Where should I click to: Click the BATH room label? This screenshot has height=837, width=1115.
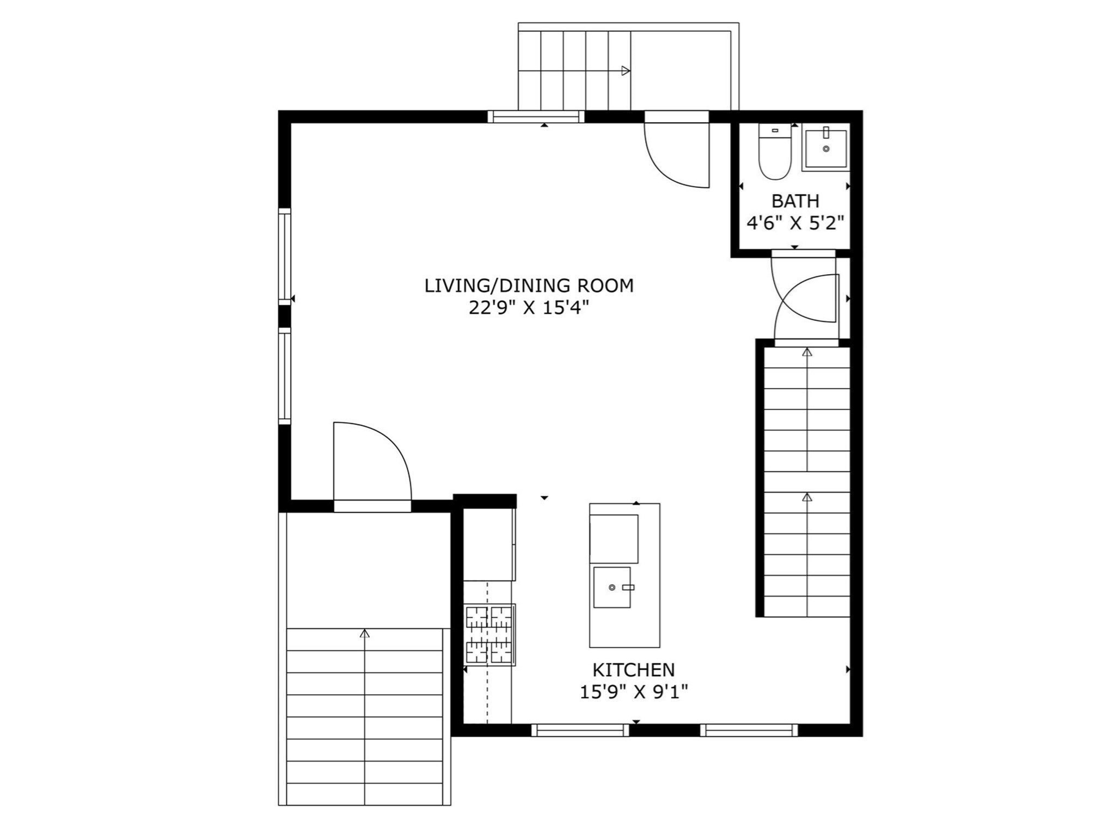click(795, 201)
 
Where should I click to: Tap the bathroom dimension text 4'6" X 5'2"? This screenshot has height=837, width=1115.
click(795, 223)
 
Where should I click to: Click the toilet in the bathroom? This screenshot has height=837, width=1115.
click(775, 153)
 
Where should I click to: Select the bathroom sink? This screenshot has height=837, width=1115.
click(826, 148)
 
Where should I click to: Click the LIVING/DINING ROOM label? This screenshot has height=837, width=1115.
click(529, 286)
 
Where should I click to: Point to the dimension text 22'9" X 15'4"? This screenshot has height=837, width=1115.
click(529, 308)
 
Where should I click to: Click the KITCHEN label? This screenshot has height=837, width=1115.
click(633, 670)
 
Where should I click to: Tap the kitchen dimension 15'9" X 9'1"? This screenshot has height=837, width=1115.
click(633, 692)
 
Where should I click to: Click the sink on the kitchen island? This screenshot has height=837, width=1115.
click(612, 587)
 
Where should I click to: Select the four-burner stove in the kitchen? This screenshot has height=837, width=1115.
click(489, 635)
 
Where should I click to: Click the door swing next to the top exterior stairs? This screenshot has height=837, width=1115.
click(675, 155)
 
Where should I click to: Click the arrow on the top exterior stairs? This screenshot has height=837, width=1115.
click(626, 71)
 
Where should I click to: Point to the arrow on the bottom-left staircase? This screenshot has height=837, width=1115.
click(365, 633)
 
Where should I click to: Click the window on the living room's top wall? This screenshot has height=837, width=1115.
click(536, 117)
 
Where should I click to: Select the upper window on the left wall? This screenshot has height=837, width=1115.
click(284, 256)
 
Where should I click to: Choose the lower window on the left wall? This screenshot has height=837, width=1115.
click(284, 375)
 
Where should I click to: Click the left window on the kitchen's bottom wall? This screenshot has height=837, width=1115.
click(580, 730)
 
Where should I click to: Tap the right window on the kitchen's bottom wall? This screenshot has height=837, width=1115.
click(749, 730)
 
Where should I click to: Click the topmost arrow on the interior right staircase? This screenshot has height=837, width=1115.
click(807, 353)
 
